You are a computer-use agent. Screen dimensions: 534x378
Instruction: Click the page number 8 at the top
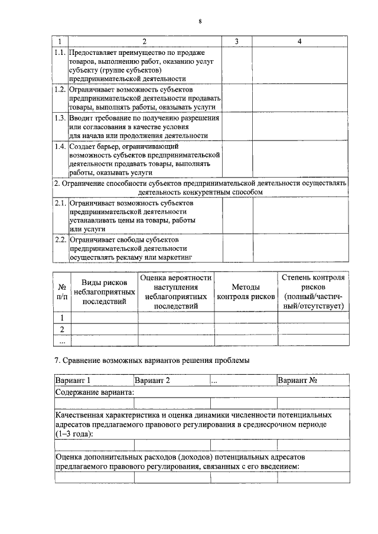coord(200,22)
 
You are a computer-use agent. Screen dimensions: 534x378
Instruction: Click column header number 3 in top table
coord(236,42)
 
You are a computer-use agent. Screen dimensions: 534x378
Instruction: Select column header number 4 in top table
coord(300,42)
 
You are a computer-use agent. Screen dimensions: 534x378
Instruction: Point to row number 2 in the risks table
coord(61,329)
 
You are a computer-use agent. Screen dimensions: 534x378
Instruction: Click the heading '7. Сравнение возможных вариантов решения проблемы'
coord(152,360)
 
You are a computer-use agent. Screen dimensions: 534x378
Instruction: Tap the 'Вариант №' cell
coord(298,381)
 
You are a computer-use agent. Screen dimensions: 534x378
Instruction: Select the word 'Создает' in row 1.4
coord(83,145)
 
